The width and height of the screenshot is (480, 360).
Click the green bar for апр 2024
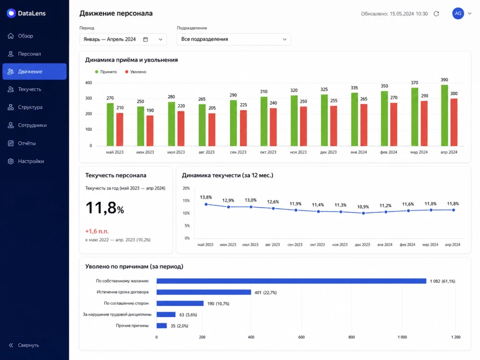tap(444, 115)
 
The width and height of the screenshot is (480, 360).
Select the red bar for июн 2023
tap(150, 131)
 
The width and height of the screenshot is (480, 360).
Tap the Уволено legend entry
tap(135, 72)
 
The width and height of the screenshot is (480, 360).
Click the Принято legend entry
tap(106, 72)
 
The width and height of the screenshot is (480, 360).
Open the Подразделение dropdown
tap(233, 39)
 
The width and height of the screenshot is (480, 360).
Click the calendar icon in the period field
tap(146, 39)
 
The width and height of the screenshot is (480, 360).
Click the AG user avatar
tap(458, 14)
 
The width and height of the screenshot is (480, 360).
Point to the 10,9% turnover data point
tap(363, 213)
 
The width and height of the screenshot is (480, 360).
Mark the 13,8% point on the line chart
tap(206, 204)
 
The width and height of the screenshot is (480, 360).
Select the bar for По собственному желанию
tap(291, 281)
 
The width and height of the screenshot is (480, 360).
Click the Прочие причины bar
tap(162, 326)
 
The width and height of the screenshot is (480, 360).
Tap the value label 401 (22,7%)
tap(265, 292)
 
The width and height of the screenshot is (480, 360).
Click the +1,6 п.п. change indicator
tap(97, 232)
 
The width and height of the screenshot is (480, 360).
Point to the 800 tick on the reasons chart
tap(352, 337)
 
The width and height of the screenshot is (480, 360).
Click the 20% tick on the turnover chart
tap(186, 188)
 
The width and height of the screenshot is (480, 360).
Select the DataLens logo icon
tap(11, 13)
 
